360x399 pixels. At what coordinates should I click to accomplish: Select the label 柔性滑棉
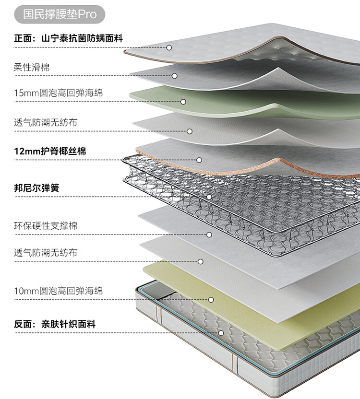tap(32, 67)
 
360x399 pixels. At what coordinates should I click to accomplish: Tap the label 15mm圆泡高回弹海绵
tap(58, 93)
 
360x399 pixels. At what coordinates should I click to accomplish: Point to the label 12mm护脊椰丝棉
tap(50, 152)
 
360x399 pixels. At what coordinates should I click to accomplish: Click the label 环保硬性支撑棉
tap(46, 225)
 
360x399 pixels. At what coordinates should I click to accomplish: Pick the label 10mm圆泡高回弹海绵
tap(58, 291)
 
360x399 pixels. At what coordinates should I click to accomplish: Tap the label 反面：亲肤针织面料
tap(54, 324)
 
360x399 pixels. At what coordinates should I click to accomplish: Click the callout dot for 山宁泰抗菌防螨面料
tap(169, 47)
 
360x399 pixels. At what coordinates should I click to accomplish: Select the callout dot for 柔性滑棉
tap(175, 76)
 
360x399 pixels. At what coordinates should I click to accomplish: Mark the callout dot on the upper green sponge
tap(183, 102)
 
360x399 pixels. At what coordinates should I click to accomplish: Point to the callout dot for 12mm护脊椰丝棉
tap(199, 160)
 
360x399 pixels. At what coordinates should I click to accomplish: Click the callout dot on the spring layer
tap(209, 197)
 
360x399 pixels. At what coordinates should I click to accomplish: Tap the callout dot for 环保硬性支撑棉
tap(209, 235)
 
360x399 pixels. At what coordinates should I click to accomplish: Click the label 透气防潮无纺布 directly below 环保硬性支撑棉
tap(46, 252)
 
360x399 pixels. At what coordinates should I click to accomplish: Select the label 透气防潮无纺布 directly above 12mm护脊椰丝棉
tap(46, 123)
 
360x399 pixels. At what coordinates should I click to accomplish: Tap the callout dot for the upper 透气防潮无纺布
tap(190, 131)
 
